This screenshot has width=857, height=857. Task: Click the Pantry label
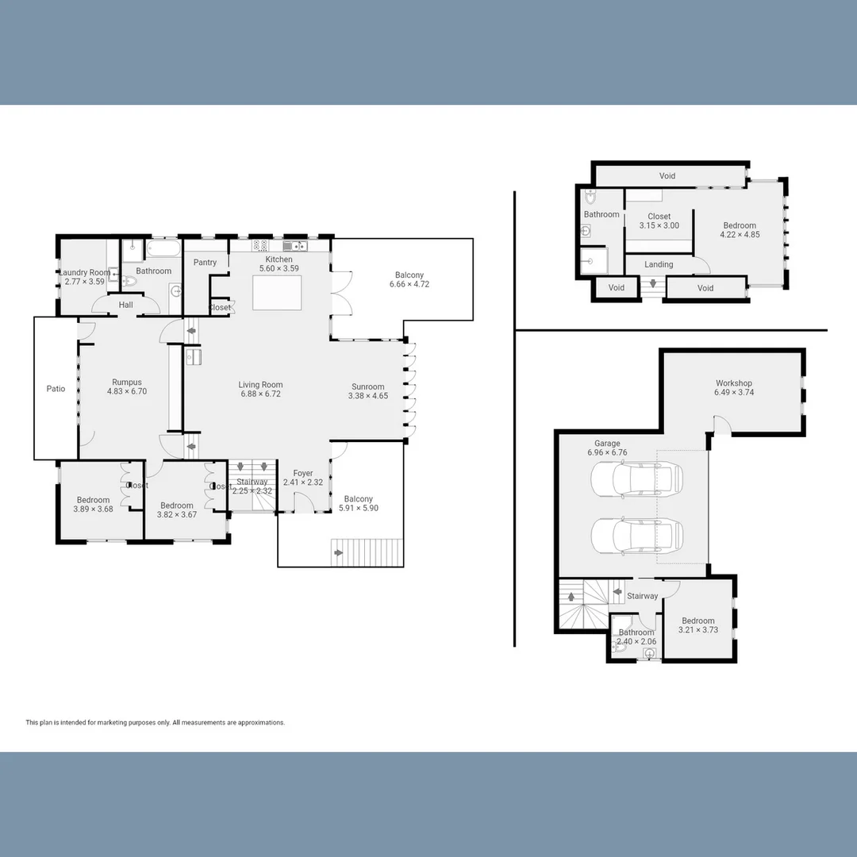(205, 263)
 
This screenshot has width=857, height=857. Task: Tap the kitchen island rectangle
(278, 292)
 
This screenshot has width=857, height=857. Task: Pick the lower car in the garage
(636, 536)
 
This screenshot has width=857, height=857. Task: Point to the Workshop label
(733, 383)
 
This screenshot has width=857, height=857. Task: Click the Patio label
(56, 389)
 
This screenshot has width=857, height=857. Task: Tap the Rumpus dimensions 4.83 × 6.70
(127, 391)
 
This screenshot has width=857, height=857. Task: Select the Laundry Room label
(85, 272)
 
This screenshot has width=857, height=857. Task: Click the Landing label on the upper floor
(659, 264)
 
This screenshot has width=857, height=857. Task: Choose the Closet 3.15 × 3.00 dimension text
(659, 226)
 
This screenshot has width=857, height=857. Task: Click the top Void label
(667, 175)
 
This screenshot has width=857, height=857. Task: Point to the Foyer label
(302, 473)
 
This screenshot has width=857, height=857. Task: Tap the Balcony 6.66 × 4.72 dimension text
(409, 284)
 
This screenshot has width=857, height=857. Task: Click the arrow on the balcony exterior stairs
(340, 553)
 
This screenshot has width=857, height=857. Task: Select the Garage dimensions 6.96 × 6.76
(607, 453)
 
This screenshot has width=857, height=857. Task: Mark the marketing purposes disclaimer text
(155, 723)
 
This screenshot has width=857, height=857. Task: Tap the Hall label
(125, 305)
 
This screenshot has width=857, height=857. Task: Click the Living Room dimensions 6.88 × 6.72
(260, 394)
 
